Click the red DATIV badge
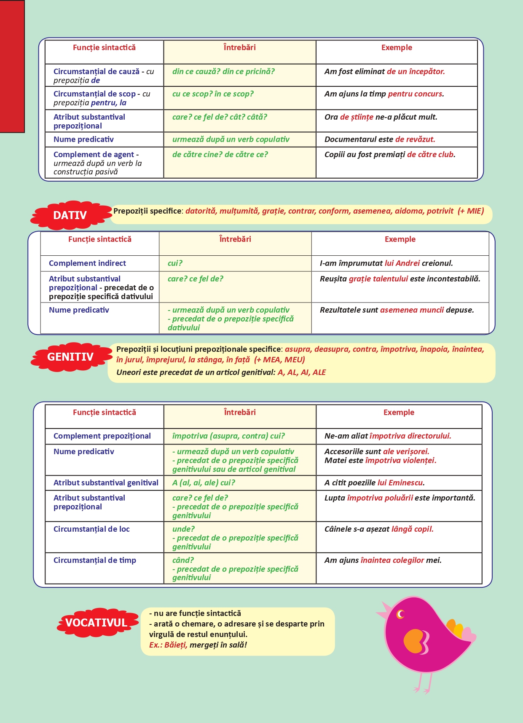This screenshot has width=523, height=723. [70, 215]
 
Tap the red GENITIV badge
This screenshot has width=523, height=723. [70, 357]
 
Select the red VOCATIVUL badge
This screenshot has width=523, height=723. [96, 623]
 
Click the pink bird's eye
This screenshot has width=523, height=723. [400, 614]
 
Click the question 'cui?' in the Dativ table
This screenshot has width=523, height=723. [175, 263]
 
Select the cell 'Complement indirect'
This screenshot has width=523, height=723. [87, 263]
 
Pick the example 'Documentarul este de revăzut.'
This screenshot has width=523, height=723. [379, 139]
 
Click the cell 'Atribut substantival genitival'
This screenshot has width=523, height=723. [106, 483]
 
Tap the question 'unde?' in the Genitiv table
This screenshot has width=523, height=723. [183, 529]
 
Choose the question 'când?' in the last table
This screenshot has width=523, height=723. [183, 560]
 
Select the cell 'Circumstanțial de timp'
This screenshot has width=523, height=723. [94, 560]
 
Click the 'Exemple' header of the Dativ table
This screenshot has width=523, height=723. [400, 239]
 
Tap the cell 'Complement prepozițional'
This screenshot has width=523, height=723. [102, 436]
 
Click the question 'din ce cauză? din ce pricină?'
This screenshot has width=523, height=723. [223, 72]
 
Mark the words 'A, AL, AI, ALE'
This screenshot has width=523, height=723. [301, 372]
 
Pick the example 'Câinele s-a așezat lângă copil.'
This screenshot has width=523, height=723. [379, 529]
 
